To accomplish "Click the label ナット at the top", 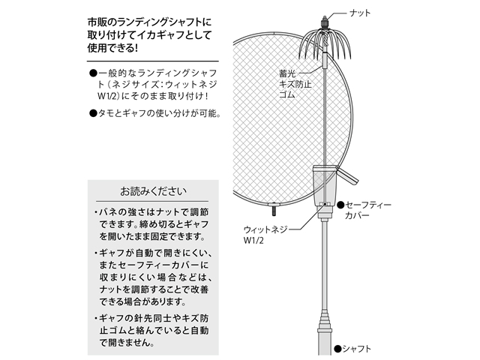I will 361,13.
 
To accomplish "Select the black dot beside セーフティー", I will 340,203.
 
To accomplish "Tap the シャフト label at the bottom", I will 358,348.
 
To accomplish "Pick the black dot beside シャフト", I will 337,348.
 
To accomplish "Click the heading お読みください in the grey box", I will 151,190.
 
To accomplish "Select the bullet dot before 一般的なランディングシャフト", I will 93,72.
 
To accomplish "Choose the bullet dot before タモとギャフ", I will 93,114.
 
